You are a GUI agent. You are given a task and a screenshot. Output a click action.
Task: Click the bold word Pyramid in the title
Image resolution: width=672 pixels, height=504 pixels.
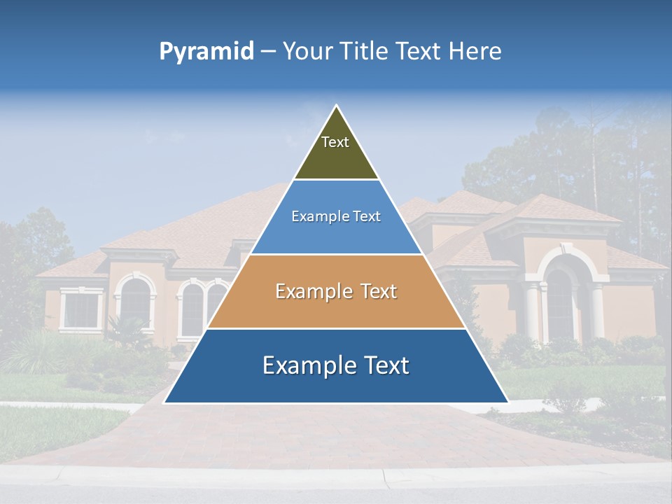click(206, 52)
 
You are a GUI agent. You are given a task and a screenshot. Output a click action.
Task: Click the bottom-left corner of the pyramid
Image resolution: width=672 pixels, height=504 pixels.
click(165, 402)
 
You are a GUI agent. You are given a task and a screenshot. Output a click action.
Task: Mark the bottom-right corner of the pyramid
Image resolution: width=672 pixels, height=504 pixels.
click(507, 402)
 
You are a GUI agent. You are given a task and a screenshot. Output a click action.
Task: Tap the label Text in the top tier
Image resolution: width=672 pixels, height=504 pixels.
click(335, 142)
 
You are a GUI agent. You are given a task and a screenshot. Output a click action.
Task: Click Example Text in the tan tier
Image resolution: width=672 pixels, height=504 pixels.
click(336, 291)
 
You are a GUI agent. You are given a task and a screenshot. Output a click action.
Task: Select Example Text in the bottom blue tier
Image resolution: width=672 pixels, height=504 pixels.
click(336, 365)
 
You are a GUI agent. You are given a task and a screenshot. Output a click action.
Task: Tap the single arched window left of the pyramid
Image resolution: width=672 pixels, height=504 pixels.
click(135, 302)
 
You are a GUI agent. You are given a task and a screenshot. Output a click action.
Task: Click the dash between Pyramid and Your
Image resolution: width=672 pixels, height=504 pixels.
click(268, 52)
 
